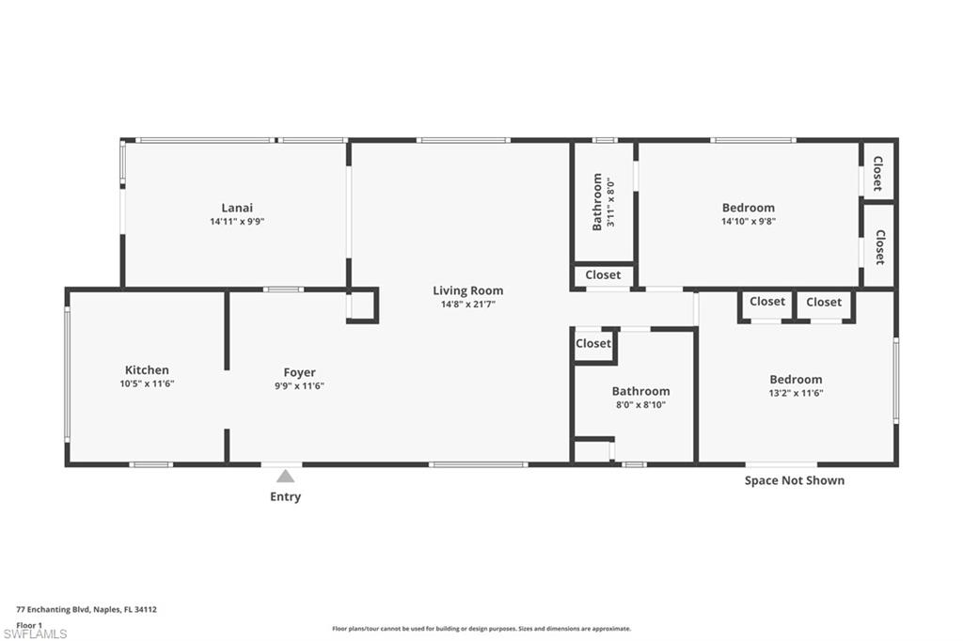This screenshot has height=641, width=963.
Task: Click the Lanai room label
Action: click(237, 208)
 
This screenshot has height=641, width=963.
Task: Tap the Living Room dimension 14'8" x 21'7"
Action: click(467, 305)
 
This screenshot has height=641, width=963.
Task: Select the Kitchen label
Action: click(147, 370)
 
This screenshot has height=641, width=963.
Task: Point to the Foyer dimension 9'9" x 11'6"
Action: click(299, 386)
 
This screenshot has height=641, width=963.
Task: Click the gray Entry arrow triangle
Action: click(285, 477)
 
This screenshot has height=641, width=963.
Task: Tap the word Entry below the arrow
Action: click(285, 496)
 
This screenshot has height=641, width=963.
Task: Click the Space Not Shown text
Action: click(794, 480)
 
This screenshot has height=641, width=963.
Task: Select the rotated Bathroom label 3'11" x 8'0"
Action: click(602, 201)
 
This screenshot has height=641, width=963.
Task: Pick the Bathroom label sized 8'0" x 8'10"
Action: click(640, 391)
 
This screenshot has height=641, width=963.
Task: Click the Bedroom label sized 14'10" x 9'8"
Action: click(749, 208)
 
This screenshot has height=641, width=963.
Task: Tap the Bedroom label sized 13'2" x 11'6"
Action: click(796, 380)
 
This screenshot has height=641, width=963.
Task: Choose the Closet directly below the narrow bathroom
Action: click(603, 275)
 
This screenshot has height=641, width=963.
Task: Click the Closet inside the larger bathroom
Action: click(592, 344)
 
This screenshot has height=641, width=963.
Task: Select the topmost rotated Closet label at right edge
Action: click(877, 173)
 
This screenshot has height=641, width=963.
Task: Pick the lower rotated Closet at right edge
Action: click(878, 246)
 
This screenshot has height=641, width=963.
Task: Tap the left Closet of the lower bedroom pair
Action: click(766, 302)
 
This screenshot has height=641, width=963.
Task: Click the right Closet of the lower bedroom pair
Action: click(824, 302)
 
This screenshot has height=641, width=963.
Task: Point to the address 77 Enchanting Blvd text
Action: click(86, 609)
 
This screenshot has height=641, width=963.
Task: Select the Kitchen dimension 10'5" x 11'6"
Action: click(147, 383)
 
